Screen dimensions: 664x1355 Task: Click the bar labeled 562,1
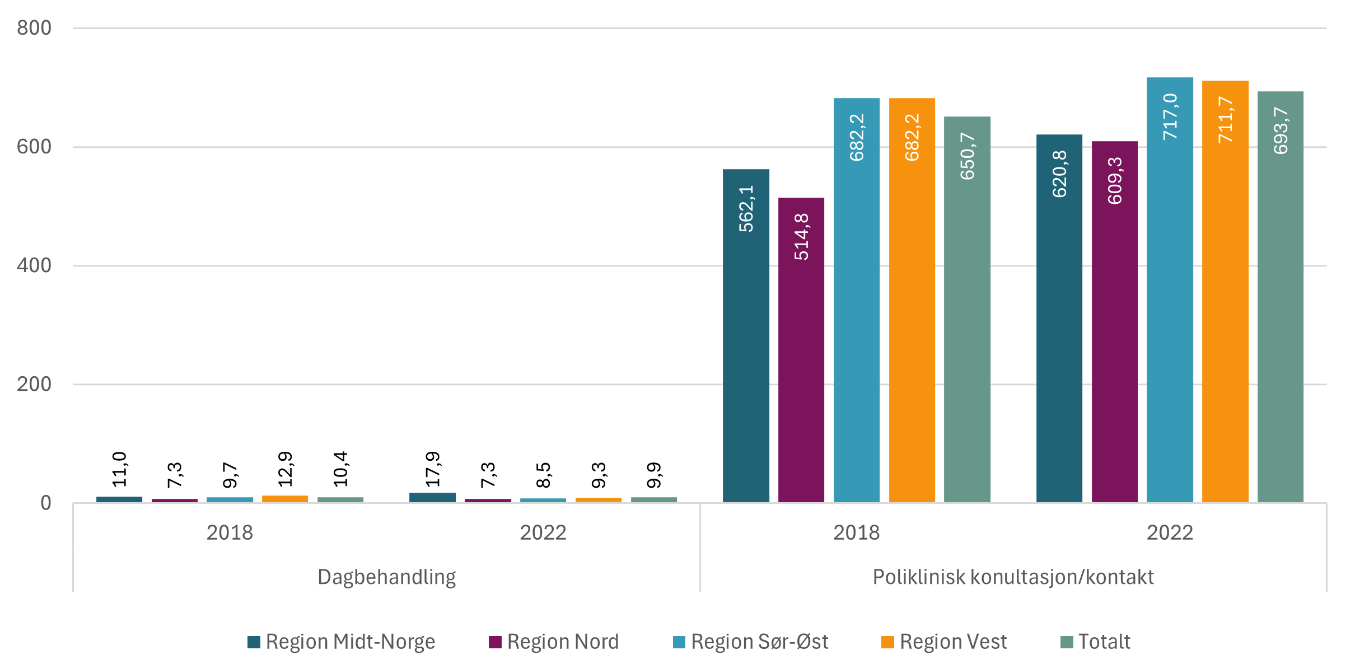pyautogui.click(x=746, y=336)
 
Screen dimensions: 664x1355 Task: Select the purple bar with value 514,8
pyautogui.click(x=801, y=350)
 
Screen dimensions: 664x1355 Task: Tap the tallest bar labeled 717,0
pyautogui.click(x=1170, y=291)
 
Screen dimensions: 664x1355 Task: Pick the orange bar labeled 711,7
pyautogui.click(x=1225, y=291)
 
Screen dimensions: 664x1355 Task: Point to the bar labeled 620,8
pyautogui.click(x=1059, y=319)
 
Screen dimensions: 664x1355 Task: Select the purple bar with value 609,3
pyautogui.click(x=1114, y=322)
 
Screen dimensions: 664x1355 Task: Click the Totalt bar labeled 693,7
pyautogui.click(x=1281, y=297)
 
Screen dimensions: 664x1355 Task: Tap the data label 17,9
pyautogui.click(x=433, y=469)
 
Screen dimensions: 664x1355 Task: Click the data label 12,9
pyautogui.click(x=285, y=469)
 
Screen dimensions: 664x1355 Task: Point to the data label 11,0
pyautogui.click(x=119, y=469)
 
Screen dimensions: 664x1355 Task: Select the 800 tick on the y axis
pyautogui.click(x=34, y=28)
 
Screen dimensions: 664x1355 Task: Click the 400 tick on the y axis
pyautogui.click(x=34, y=265)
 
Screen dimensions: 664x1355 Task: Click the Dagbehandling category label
pyautogui.click(x=386, y=577)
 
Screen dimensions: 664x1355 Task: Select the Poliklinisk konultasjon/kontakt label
pyautogui.click(x=1013, y=577)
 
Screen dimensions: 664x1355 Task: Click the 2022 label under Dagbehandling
pyautogui.click(x=543, y=532)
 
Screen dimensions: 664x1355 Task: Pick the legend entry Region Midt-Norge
pyautogui.click(x=342, y=642)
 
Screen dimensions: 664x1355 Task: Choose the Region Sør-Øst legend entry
pyautogui.click(x=750, y=642)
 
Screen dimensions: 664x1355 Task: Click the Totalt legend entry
pyautogui.click(x=1095, y=642)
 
